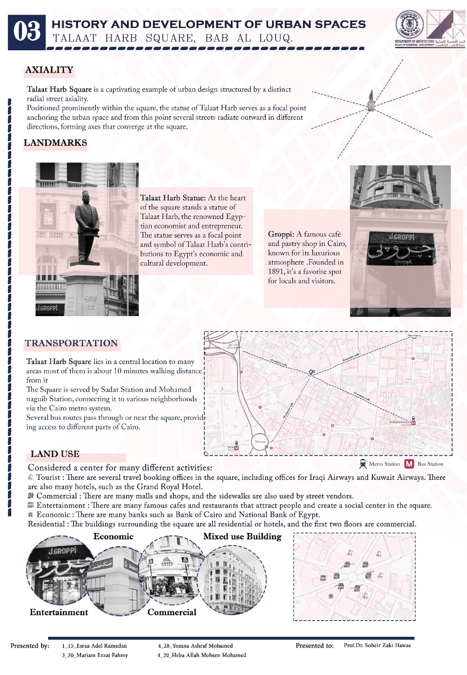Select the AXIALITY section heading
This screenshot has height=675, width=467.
click(x=49, y=70)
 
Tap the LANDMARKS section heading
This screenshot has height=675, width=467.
click(x=55, y=143)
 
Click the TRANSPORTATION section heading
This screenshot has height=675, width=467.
click(x=71, y=343)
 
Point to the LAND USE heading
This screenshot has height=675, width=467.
click(x=55, y=454)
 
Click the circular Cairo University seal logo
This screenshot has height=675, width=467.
click(x=409, y=25)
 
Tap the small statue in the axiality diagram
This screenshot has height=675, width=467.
click(x=371, y=96)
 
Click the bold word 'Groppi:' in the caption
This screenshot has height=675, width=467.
click(x=281, y=234)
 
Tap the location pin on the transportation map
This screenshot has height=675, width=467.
click(x=311, y=373)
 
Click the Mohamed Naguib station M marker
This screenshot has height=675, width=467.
click(x=413, y=423)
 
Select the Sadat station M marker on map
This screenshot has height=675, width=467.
click(x=237, y=448)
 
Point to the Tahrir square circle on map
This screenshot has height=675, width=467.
click(x=261, y=442)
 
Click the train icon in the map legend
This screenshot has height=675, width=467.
click(x=363, y=464)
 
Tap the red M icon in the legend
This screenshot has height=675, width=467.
click(x=409, y=464)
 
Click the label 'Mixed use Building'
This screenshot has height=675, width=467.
click(x=242, y=536)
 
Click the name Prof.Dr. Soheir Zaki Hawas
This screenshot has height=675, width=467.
click(x=377, y=645)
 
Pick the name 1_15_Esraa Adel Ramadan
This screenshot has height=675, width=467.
click(x=94, y=646)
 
